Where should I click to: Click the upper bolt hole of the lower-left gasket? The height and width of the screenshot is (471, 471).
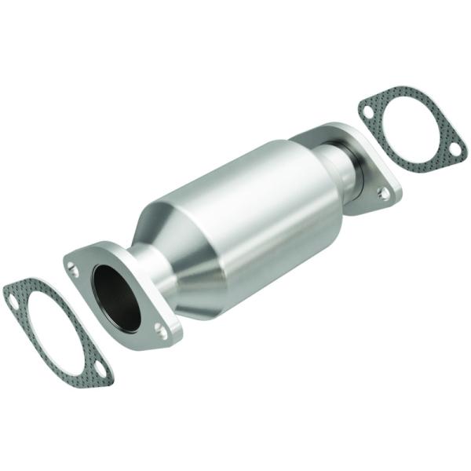pos(13,297)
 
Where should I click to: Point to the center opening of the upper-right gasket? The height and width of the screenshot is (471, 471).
pos(411,127)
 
